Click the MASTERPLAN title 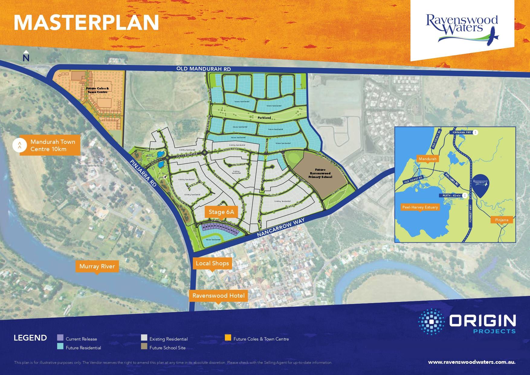pos(86,22)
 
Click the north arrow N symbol pos(26,57)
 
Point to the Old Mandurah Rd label pos(204,69)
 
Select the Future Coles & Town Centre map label pos(97,90)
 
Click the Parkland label pos(264,118)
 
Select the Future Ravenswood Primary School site pos(320,173)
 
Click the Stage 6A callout pos(221,212)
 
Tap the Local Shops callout pos(212,263)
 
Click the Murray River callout pos(97,266)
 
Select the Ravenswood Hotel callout pos(218,296)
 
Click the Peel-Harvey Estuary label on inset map pos(420,207)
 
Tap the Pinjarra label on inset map pos(502,220)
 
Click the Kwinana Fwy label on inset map pos(461,132)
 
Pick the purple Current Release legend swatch pos(60,338)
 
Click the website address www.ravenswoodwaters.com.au pos(472,362)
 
